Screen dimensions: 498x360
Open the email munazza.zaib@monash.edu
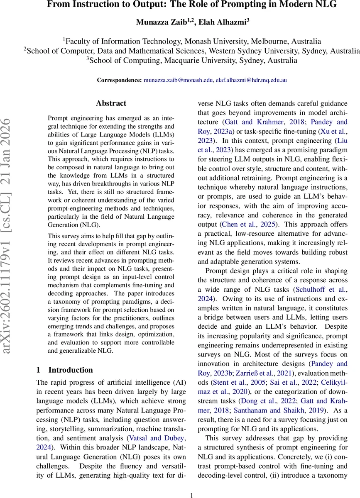[x=178, y=80]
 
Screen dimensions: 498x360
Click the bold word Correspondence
[x=119, y=80]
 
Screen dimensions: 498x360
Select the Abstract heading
[x=111, y=103]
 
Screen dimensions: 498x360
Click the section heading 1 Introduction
[x=64, y=370]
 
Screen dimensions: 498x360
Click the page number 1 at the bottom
[x=191, y=495]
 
